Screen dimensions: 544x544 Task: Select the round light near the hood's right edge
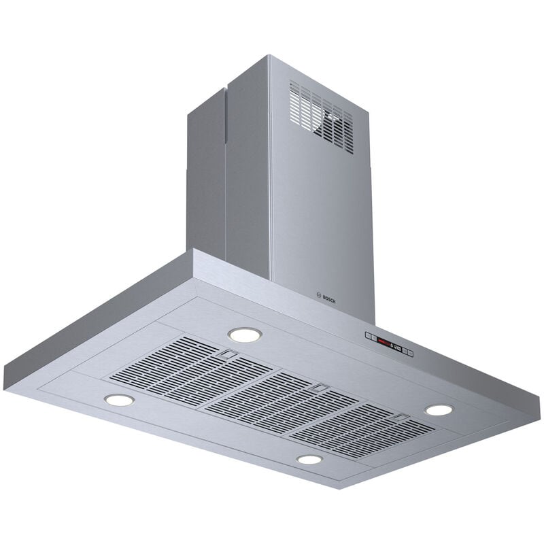pyautogui.click(x=439, y=410)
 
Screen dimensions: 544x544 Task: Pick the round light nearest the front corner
pyautogui.click(x=309, y=460)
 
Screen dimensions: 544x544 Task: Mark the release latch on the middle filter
pyautogui.click(x=318, y=387)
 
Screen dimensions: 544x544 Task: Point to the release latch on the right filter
pyautogui.click(x=402, y=418)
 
